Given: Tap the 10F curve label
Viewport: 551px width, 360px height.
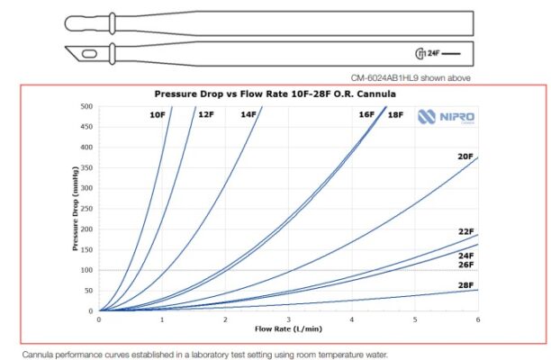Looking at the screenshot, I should point(158,115).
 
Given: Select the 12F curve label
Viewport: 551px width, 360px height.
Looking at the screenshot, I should point(206,115).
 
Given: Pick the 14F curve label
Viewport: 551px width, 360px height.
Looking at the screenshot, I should point(248,115).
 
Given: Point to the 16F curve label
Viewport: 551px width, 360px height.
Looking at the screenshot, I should point(366,115).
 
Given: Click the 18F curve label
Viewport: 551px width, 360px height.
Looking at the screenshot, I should point(395,115).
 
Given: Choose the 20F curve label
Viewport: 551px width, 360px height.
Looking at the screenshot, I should point(465,157).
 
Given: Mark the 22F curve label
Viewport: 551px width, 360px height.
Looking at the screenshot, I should point(465,232).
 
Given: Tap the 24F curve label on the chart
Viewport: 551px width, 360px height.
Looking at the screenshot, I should point(465,256).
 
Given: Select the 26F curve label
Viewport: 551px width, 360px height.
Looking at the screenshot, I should point(465,265).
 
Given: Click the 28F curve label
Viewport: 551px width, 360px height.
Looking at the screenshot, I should point(465,285).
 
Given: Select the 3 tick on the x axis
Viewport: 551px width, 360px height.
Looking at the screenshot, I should point(288,319).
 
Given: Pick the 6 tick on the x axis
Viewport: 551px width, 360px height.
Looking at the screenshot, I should point(478,319).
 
